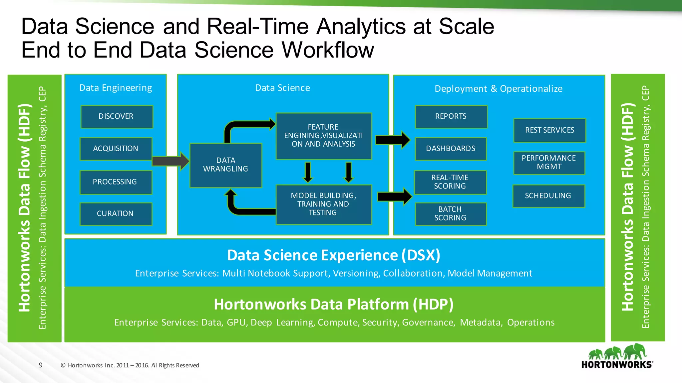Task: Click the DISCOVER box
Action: click(x=117, y=116)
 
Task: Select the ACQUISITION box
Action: click(x=116, y=149)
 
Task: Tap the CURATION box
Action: click(x=116, y=214)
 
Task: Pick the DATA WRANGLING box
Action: click(x=226, y=165)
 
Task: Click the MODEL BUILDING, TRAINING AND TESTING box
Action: click(x=323, y=204)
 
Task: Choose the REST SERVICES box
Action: click(x=549, y=130)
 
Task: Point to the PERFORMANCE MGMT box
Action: click(x=549, y=163)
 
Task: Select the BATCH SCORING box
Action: click(x=450, y=214)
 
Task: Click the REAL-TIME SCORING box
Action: click(x=450, y=182)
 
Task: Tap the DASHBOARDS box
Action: click(x=451, y=149)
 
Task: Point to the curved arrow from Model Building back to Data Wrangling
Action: click(x=243, y=209)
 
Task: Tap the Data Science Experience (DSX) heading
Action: click(x=333, y=255)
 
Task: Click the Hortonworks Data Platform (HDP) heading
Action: click(x=333, y=304)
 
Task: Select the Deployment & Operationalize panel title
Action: click(x=499, y=89)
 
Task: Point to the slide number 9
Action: click(x=41, y=365)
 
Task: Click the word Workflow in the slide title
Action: click(x=328, y=50)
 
